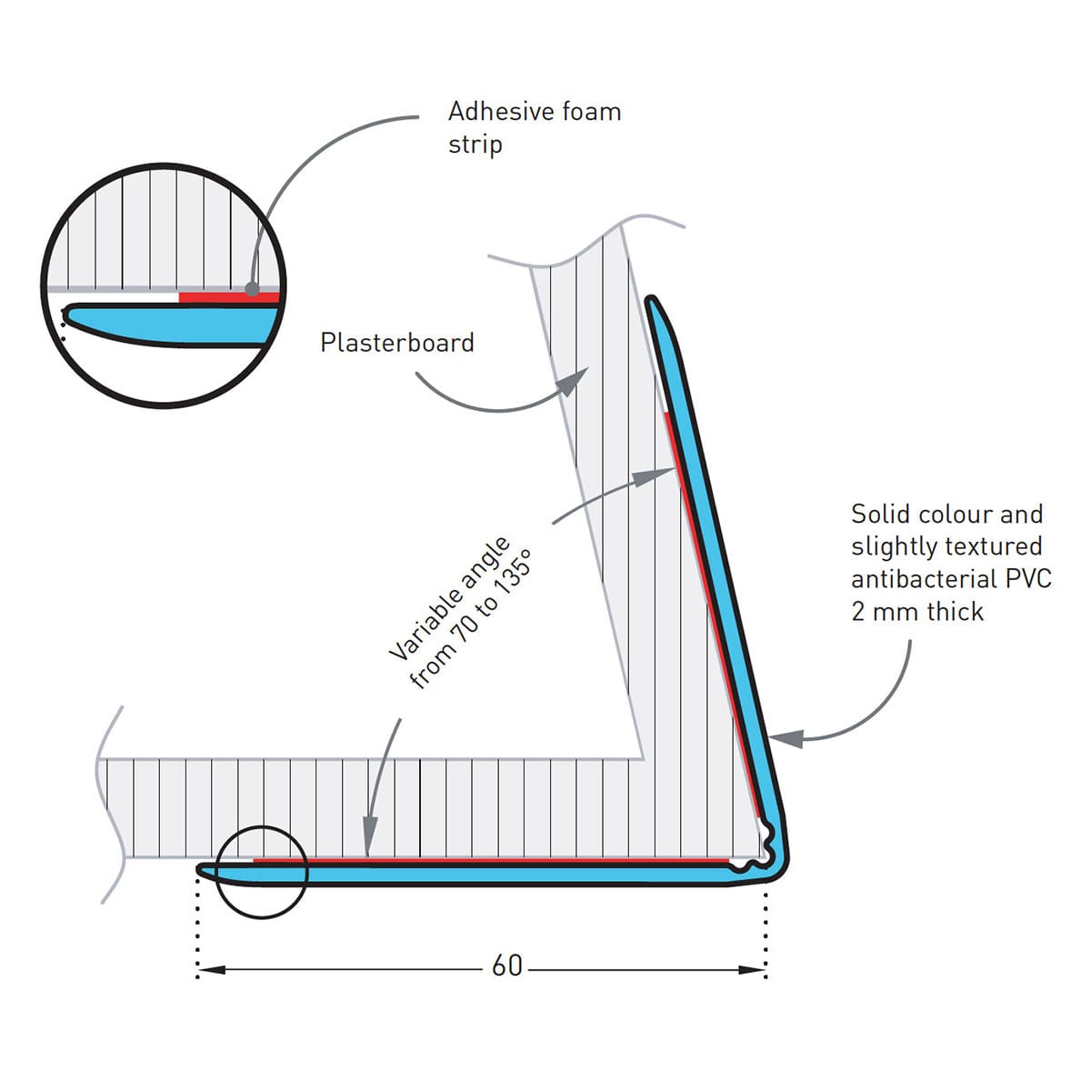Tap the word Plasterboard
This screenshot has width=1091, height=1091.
point(397,343)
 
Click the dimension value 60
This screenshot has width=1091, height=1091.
point(506,966)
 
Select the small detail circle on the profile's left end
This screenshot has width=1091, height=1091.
point(262,872)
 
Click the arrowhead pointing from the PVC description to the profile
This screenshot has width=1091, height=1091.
point(787,738)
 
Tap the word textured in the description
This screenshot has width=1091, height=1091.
point(997,546)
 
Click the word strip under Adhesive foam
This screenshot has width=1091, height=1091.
point(475,145)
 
